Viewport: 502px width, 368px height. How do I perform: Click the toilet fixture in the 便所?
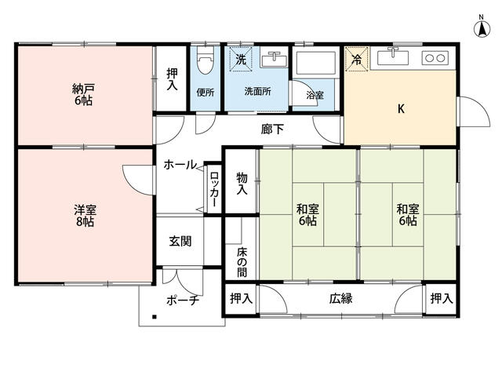tap(206, 62)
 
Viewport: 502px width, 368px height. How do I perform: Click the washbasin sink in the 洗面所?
tap(274, 59)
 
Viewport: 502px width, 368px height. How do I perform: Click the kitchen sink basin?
tap(392, 58)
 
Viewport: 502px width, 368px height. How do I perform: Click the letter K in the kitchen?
tap(400, 109)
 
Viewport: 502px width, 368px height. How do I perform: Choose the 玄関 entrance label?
tap(180, 242)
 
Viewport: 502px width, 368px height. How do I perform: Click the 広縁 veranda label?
tap(340, 298)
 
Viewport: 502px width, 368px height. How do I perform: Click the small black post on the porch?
tap(155, 318)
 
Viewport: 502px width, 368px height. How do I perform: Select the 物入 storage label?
tap(242, 184)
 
